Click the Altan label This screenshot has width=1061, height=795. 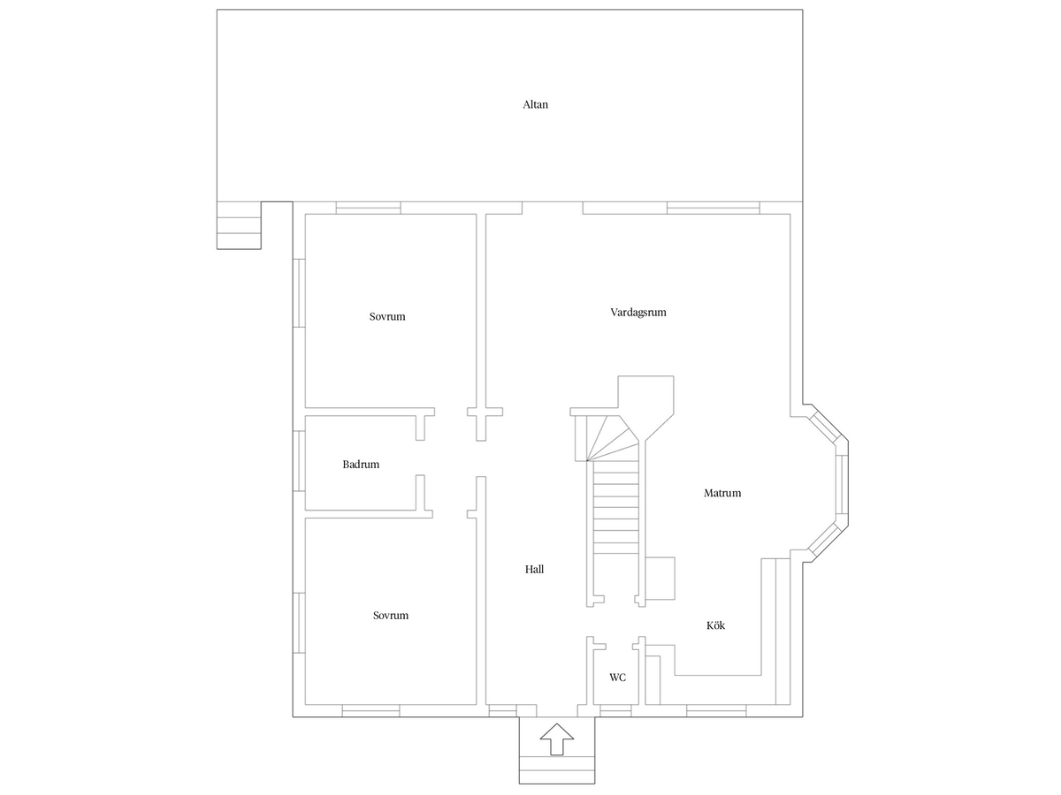click(x=535, y=105)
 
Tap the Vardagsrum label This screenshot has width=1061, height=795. click(x=638, y=313)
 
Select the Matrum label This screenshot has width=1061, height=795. click(x=722, y=493)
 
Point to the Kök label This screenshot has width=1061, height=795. click(x=715, y=625)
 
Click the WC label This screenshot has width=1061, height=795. click(x=617, y=678)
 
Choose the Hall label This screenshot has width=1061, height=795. click(x=534, y=569)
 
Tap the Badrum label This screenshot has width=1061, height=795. click(x=361, y=465)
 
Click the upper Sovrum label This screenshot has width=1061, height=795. click(x=387, y=316)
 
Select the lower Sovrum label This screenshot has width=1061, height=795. click(x=391, y=616)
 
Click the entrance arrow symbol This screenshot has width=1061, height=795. click(x=557, y=738)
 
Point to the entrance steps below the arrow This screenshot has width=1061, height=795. click(x=557, y=770)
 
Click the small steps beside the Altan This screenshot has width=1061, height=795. click(x=239, y=225)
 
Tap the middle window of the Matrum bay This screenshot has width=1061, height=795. click(x=842, y=484)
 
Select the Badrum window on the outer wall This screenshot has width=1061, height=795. click(x=299, y=461)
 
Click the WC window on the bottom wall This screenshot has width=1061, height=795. click(x=615, y=710)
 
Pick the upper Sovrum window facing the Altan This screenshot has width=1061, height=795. click(x=369, y=208)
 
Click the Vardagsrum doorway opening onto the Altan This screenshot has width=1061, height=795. click(x=552, y=208)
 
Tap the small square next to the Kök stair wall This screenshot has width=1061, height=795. click(x=660, y=579)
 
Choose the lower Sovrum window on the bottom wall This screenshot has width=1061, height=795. click(x=370, y=710)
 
